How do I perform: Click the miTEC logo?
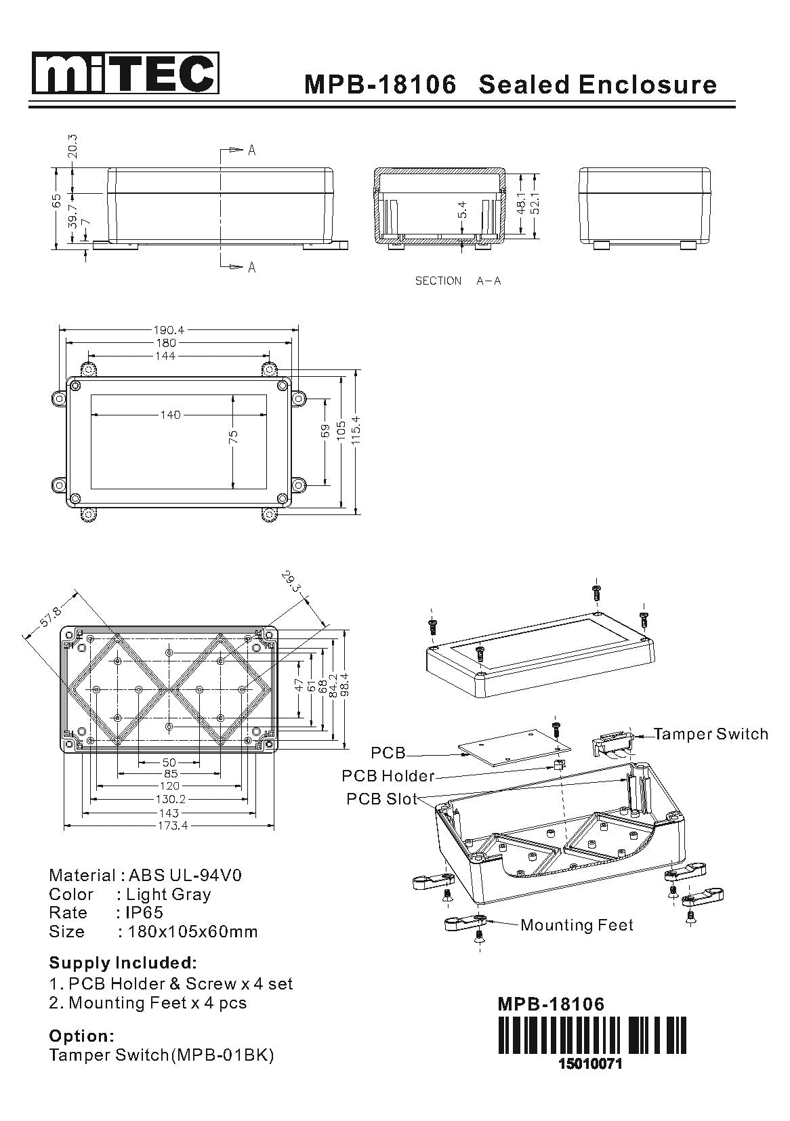[x=125, y=74]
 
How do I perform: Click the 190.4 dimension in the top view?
[x=169, y=330]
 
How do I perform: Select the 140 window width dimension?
[x=170, y=415]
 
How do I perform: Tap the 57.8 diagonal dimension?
[x=49, y=619]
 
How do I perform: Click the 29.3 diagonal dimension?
[x=291, y=582]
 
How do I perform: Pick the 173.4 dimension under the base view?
[x=169, y=826]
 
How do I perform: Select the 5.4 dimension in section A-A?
[x=462, y=209]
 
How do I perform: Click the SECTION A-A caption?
[x=458, y=281]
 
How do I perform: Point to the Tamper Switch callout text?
[x=711, y=734]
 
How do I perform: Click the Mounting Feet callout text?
[x=577, y=925]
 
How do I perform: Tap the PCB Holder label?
[x=388, y=775]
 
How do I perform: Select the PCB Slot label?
[x=381, y=798]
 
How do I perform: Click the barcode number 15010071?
[x=589, y=1063]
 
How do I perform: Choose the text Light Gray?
[x=168, y=894]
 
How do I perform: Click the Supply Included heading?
[x=123, y=962]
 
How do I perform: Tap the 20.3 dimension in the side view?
[x=72, y=146]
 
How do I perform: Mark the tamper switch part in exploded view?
[x=613, y=743]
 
